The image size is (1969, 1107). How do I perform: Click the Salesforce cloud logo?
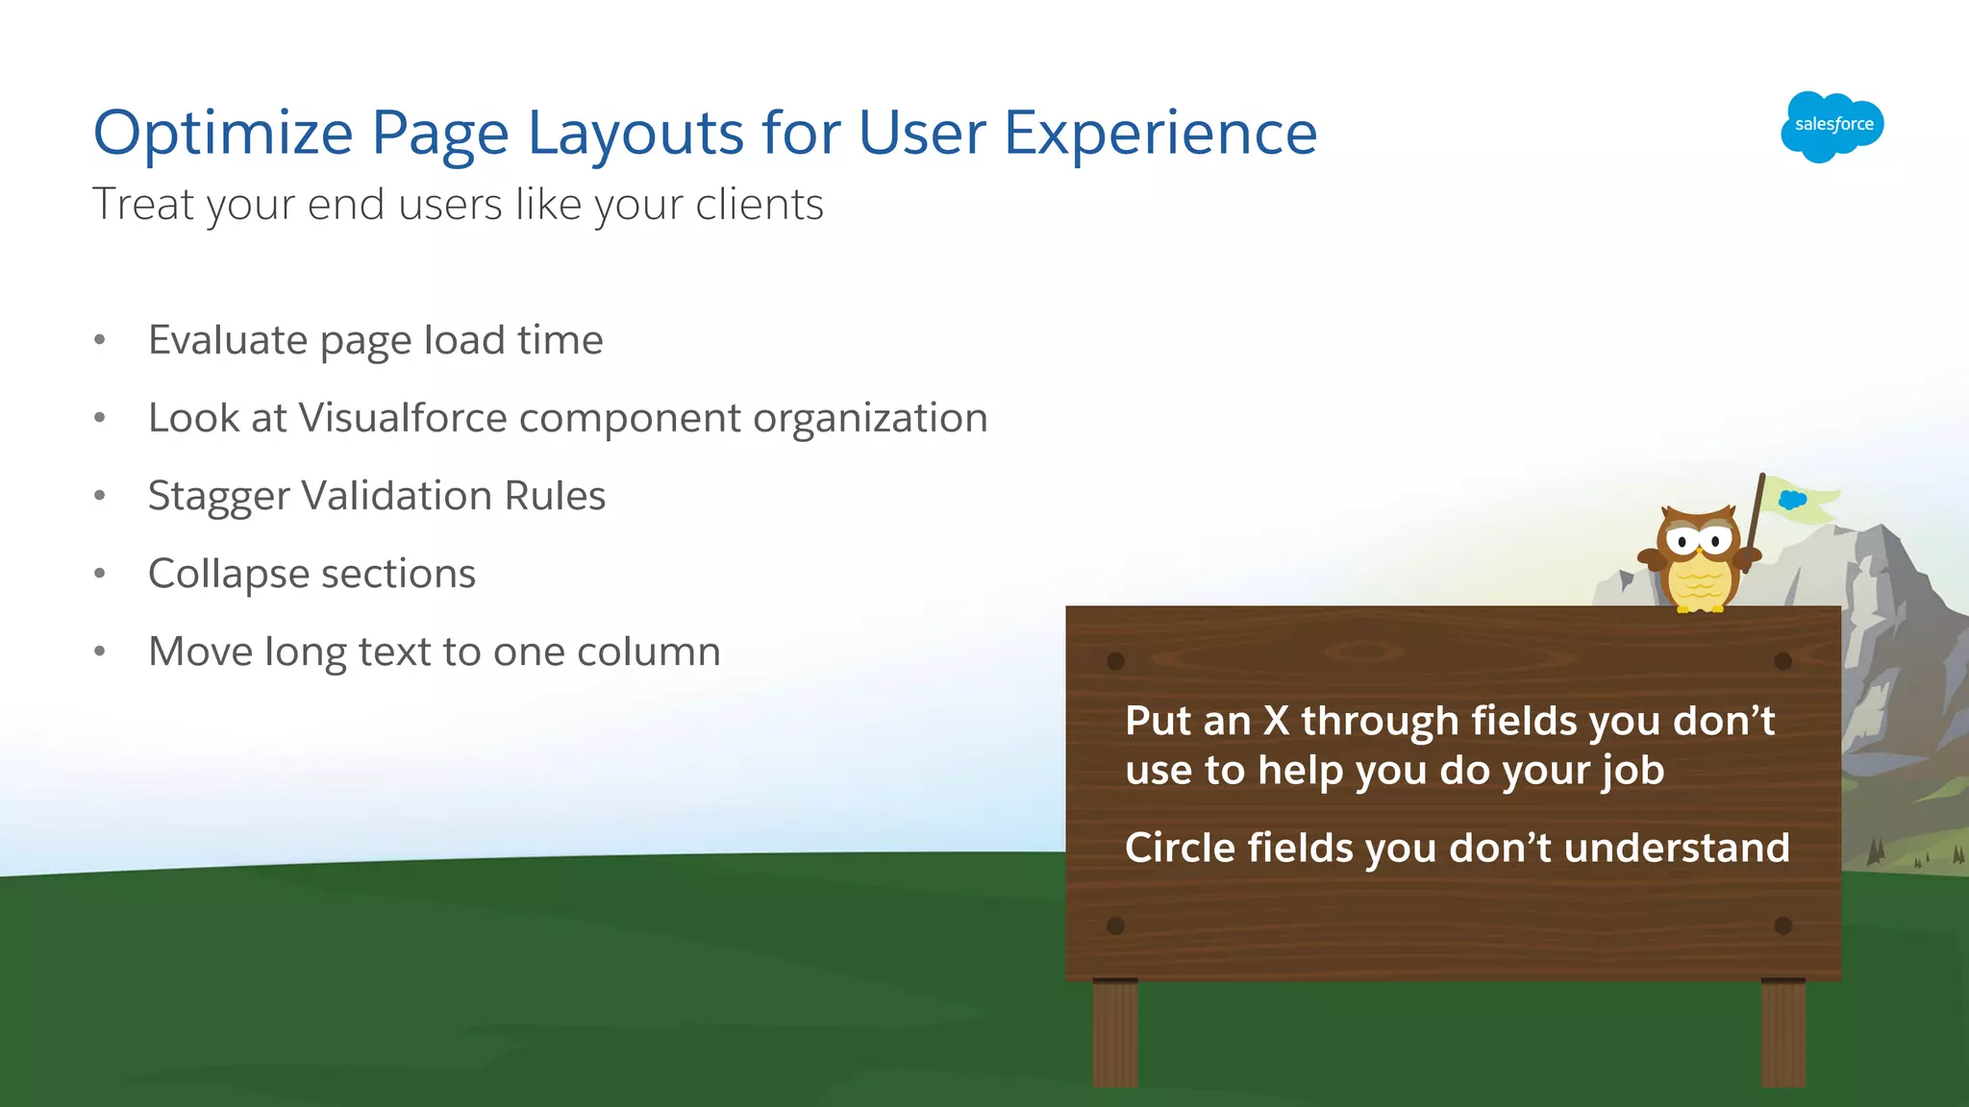pos(1832,126)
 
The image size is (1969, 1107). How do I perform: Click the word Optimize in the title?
pos(223,133)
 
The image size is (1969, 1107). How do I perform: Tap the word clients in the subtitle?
pos(760,205)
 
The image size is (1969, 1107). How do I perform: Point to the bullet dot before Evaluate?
pos(100,340)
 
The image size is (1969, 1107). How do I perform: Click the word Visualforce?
pos(403,418)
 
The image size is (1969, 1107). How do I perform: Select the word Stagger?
pos(218,497)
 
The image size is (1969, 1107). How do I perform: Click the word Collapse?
pos(228,575)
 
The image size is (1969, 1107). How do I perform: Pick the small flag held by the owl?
pos(1798,500)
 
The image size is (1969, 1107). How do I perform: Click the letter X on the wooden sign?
pos(1276,721)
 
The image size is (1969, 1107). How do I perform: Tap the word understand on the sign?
pos(1676,848)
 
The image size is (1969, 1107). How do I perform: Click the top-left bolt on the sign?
pos(1115,661)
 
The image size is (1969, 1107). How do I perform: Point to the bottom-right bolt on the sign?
pos(1782,925)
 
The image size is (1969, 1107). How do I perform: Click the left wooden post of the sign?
pos(1115,1033)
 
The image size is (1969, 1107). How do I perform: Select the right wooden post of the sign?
pos(1782,1033)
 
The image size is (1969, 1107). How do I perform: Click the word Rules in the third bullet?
pos(555,497)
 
